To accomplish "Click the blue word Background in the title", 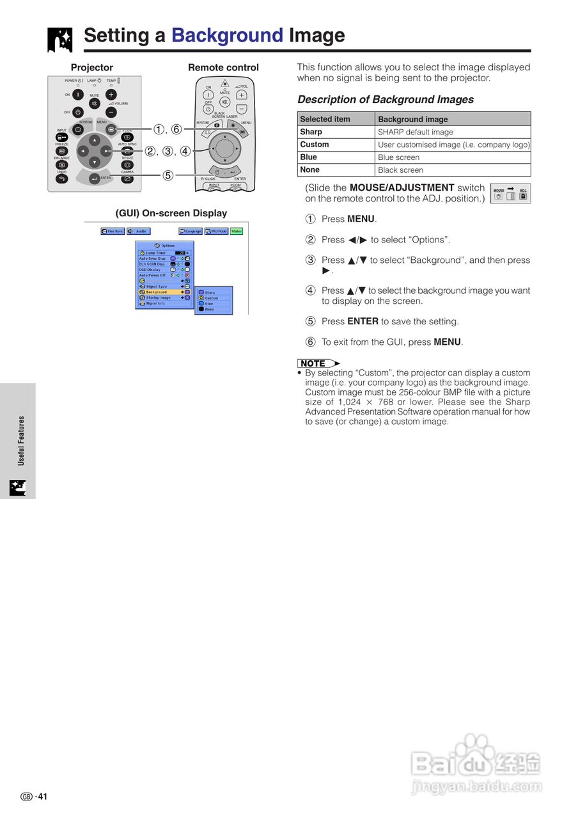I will (227, 35).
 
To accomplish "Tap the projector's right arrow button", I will (105, 151).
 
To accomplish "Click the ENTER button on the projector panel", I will (95, 179).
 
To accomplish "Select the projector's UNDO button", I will (61, 179).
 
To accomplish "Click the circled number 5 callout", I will (168, 175).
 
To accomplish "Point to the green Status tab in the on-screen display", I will (237, 231).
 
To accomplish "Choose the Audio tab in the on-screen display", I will (139, 231).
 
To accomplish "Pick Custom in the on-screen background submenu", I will (211, 298).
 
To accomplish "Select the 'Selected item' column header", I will (336, 119).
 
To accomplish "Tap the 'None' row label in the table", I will (309, 170).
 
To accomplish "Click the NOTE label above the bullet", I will (314, 363).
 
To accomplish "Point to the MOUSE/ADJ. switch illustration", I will (510, 193).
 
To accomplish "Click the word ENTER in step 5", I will (363, 321).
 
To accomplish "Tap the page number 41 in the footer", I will (42, 797).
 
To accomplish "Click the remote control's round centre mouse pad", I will (224, 148).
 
